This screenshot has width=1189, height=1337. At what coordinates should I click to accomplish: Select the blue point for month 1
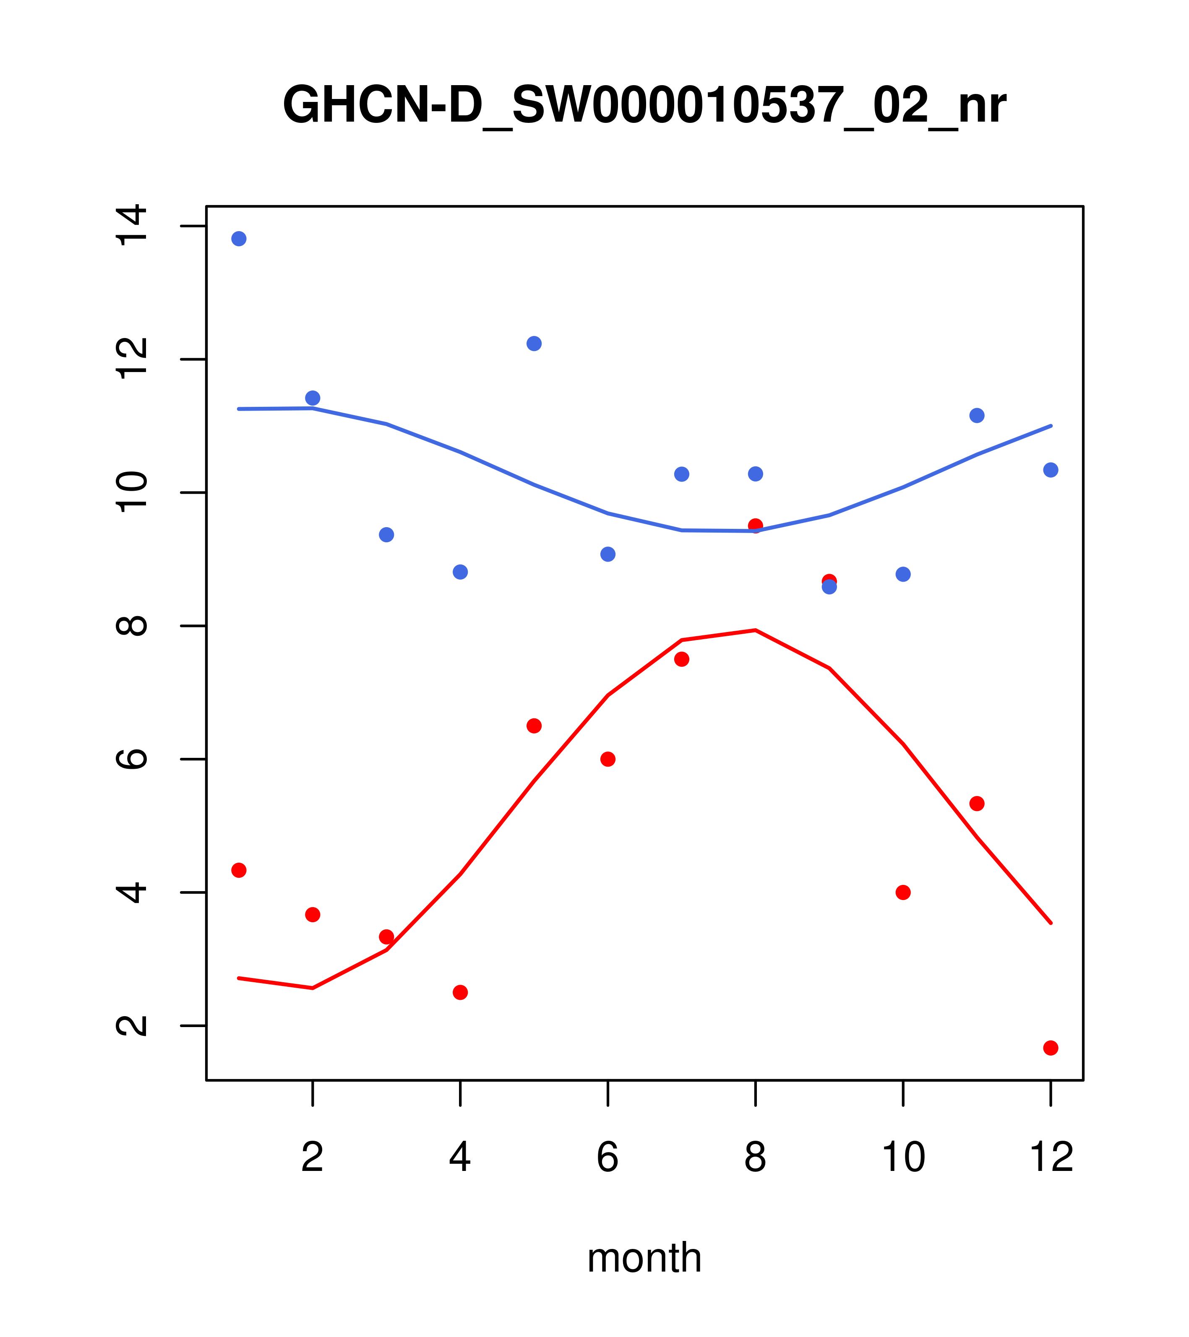[239, 239]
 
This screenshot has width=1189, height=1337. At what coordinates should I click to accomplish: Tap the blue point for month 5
[534, 343]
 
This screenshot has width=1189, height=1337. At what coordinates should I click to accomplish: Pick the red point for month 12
[1050, 1048]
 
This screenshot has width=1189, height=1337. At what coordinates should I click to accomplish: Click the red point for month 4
[460, 992]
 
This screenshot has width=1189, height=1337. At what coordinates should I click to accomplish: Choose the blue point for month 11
[976, 415]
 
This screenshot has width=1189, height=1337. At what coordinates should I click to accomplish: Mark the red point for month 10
[903, 892]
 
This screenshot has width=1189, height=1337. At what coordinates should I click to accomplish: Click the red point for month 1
[239, 870]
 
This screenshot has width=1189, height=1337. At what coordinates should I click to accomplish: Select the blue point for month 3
[386, 534]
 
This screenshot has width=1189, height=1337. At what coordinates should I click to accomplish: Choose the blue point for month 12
[1050, 470]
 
